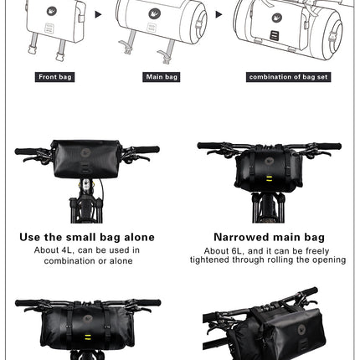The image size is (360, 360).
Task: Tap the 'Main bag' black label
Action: tap(162, 77)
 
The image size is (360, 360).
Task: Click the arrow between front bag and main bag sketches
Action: tap(97, 15)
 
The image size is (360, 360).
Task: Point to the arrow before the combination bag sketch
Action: tap(220, 15)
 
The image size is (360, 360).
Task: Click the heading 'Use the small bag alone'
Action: tap(87, 237)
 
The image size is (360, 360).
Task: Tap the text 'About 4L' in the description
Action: tap(53, 249)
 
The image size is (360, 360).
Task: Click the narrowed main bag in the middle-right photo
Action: tap(267, 162)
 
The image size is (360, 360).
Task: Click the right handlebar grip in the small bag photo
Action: tap(146, 151)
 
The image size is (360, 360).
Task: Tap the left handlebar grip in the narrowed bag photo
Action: tap(209, 146)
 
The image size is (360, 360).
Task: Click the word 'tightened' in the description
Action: tap(213, 260)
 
